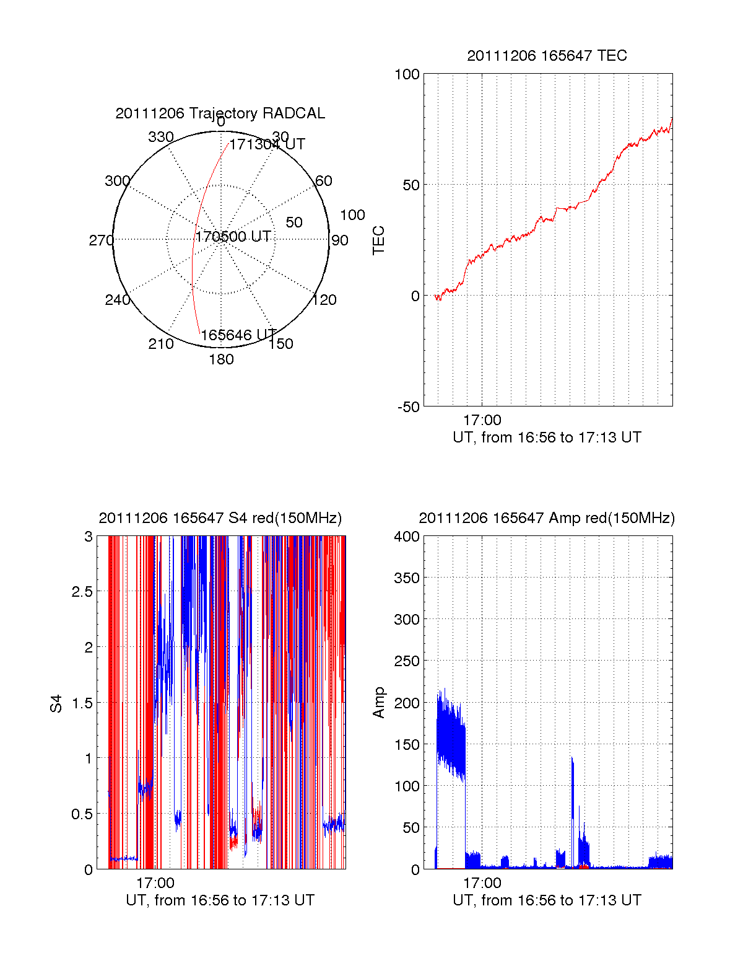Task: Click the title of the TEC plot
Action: (547, 56)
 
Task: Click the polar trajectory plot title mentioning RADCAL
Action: (220, 113)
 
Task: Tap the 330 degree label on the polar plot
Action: (161, 137)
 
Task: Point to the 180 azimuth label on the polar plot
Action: (221, 359)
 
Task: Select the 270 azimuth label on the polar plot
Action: (101, 240)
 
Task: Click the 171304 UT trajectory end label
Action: (267, 145)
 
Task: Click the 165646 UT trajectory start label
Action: (238, 335)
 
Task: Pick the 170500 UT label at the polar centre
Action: (233, 237)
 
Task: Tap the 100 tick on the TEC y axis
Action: (407, 75)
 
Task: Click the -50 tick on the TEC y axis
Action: (409, 407)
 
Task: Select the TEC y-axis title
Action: (378, 240)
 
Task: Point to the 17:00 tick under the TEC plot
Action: (482, 421)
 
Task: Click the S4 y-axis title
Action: (56, 703)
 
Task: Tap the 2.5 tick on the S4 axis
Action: (82, 592)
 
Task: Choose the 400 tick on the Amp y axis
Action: (407, 537)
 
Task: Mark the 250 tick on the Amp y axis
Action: (407, 661)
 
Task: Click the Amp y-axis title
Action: (378, 703)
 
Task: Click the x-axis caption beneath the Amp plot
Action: (547, 900)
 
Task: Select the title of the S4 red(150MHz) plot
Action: (220, 518)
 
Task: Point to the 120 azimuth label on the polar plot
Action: (324, 301)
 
